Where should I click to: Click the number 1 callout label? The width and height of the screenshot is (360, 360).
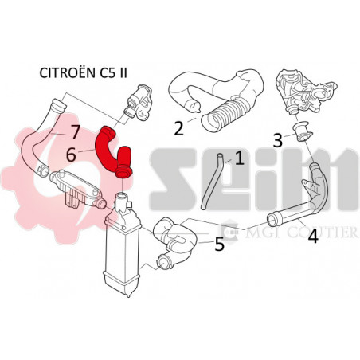(240, 158)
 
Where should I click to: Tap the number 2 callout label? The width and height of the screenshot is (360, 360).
(179, 128)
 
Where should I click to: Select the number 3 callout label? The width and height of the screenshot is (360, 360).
(278, 141)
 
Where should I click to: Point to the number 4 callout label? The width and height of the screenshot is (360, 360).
(313, 237)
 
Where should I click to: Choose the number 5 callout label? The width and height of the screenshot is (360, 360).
(220, 245)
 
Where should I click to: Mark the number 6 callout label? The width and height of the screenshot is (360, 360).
(71, 155)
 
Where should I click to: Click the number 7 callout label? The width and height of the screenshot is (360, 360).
(75, 132)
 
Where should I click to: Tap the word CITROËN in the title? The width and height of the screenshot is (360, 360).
(67, 72)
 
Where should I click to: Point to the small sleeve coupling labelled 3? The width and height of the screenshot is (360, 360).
(303, 131)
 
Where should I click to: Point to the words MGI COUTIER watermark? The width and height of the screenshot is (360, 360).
(301, 232)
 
